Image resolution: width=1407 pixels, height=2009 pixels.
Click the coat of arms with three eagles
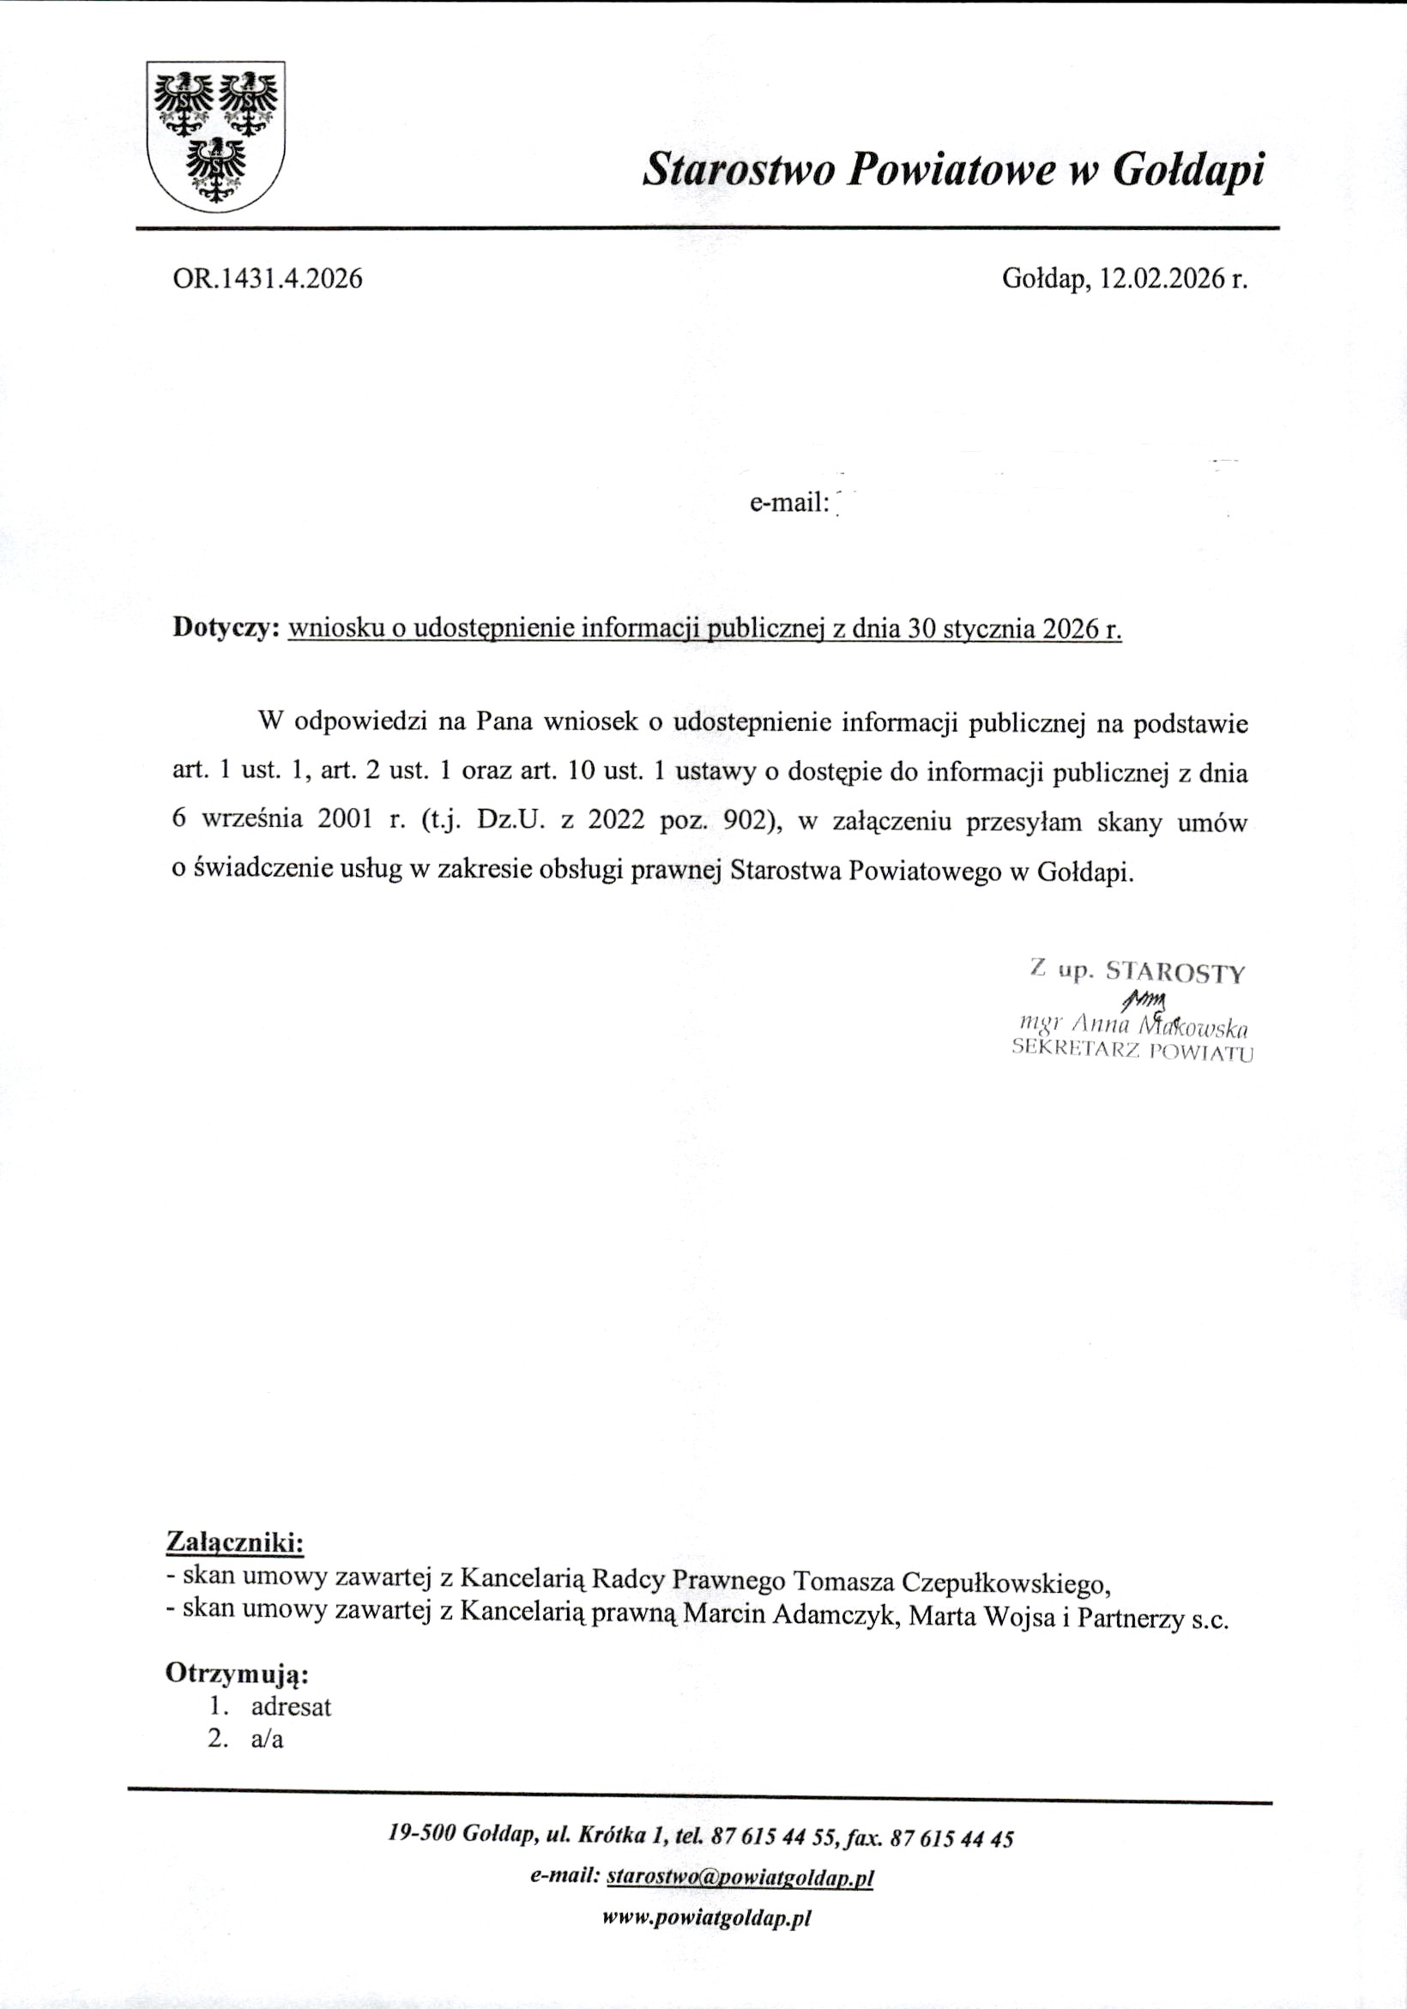(x=215, y=136)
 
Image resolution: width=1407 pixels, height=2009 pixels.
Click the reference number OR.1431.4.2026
(x=268, y=278)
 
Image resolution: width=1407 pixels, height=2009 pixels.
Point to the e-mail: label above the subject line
(x=788, y=503)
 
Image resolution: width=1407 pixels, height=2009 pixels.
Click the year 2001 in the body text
(x=346, y=820)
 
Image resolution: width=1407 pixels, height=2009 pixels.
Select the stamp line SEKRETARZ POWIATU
(x=1132, y=1050)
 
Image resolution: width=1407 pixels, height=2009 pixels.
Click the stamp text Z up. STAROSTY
(x=1137, y=971)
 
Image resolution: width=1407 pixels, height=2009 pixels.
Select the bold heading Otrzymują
(x=237, y=1673)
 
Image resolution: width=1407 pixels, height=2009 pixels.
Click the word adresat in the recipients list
(x=291, y=1707)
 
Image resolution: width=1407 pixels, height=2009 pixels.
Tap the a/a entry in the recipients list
(x=267, y=1740)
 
